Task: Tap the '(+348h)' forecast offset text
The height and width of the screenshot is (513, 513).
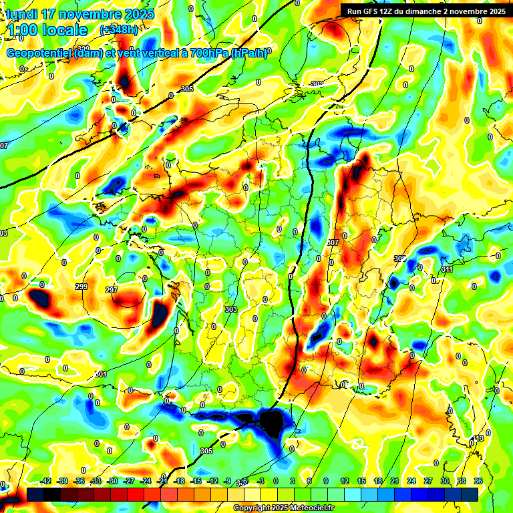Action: [x=118, y=30]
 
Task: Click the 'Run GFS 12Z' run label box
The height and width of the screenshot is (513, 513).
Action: [x=425, y=11]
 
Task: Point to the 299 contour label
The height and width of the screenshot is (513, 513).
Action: [x=81, y=287]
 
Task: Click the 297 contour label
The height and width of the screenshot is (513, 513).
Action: [x=112, y=291]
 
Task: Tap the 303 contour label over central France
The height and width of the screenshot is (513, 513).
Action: [x=231, y=309]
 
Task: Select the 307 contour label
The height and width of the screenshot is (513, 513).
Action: [x=335, y=242]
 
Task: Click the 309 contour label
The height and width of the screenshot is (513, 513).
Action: [x=399, y=259]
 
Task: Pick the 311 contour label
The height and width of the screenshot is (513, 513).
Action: [x=446, y=269]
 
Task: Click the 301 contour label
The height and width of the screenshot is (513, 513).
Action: [x=101, y=374]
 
